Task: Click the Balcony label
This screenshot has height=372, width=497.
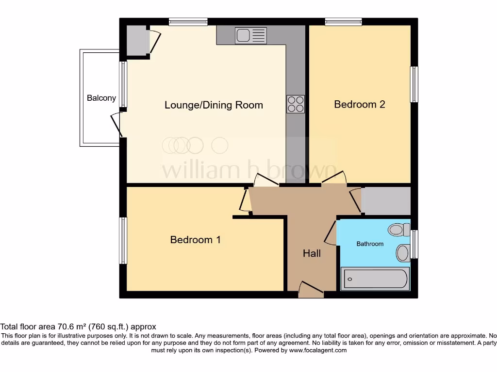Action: click(101, 98)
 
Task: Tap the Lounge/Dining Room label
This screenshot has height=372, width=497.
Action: click(214, 105)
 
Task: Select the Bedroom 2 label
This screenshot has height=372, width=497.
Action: click(360, 104)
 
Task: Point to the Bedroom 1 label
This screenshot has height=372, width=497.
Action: click(195, 239)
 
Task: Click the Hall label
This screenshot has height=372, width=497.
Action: click(312, 253)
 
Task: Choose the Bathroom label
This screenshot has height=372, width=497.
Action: click(370, 244)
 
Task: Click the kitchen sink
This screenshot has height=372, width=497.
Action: click(250, 35)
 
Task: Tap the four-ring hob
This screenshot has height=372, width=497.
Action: click(296, 104)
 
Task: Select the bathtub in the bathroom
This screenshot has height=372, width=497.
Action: click(375, 279)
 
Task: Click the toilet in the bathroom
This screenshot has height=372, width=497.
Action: click(400, 229)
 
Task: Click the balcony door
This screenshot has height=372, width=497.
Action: click(116, 127)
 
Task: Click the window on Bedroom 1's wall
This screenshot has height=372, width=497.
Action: click(123, 240)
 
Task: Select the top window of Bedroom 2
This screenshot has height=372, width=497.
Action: click(343, 21)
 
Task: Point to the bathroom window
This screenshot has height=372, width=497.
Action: click(414, 244)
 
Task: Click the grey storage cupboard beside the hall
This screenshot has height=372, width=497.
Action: click(386, 201)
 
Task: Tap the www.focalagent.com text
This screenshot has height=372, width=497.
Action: click(318, 350)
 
